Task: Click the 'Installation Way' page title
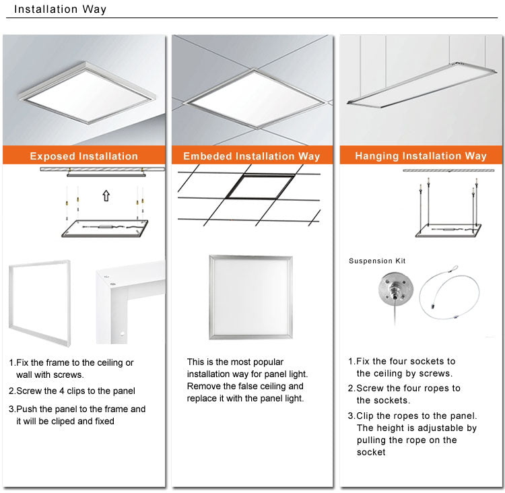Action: click(60, 9)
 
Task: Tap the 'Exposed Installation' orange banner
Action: click(84, 156)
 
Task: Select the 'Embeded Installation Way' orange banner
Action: click(252, 156)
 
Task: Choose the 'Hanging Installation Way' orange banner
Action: click(421, 156)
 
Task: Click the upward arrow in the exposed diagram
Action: click(106, 195)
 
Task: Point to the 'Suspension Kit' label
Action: click(377, 261)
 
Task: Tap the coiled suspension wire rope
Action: click(450, 292)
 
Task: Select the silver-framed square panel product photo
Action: click(251, 297)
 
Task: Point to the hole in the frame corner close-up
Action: click(122, 334)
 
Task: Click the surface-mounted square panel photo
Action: click(87, 92)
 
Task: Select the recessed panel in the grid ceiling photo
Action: click(254, 98)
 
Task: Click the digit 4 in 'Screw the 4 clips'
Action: click(62, 391)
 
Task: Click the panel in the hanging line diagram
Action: click(448, 230)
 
